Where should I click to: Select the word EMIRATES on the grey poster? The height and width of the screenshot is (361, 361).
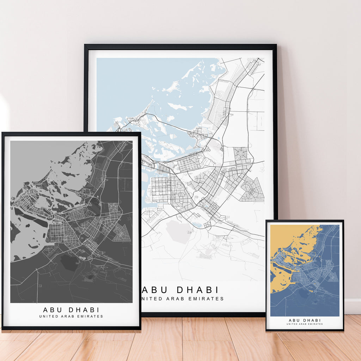point(92,316)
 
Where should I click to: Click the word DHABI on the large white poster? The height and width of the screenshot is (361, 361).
point(197,290)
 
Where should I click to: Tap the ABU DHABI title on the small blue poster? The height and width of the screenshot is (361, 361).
point(305,320)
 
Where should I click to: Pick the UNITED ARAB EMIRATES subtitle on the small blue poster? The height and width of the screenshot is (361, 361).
point(305,324)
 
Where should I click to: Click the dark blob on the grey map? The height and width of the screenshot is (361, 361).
point(69,263)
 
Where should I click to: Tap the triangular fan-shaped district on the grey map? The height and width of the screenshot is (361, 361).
point(122,233)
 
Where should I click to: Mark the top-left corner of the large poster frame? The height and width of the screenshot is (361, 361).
point(85,45)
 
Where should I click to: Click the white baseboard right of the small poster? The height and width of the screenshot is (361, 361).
point(353,307)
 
